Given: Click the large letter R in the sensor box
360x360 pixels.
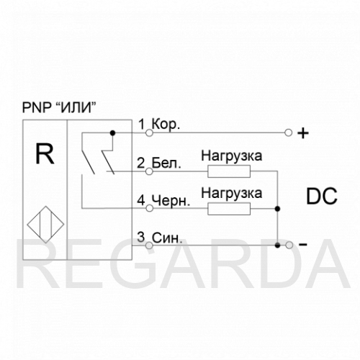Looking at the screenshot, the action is tap(45, 153).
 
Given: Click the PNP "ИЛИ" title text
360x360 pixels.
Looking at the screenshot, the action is tap(59, 107).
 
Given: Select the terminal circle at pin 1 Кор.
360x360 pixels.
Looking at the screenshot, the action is tap(149, 132).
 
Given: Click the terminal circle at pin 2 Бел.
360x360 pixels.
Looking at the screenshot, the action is tap(149, 171).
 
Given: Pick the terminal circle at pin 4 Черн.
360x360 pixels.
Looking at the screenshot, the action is tap(149, 208).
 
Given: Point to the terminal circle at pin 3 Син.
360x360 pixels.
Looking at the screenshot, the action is tap(149, 246).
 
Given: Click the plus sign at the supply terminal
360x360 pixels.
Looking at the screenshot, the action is tap(303, 133).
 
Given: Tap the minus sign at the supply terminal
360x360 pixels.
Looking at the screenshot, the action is tap(303, 245).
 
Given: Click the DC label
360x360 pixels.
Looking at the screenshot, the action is tap(322, 196).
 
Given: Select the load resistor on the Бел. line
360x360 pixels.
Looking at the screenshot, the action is tap(229, 171).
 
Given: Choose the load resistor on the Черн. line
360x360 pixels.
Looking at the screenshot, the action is tap(229, 209).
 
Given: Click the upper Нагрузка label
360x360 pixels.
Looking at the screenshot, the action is tap(232, 156).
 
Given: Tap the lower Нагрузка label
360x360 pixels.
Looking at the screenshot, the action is tap(232, 193).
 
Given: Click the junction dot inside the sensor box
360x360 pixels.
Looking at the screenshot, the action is tap(112, 132).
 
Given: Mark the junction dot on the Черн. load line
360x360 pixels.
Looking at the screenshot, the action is tap(277, 209).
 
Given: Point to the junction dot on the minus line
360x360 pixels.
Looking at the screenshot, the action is tap(277, 246).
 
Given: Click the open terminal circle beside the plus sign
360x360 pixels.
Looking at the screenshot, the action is tap(288, 132).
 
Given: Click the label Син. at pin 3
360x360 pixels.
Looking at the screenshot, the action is tap(167, 238).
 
